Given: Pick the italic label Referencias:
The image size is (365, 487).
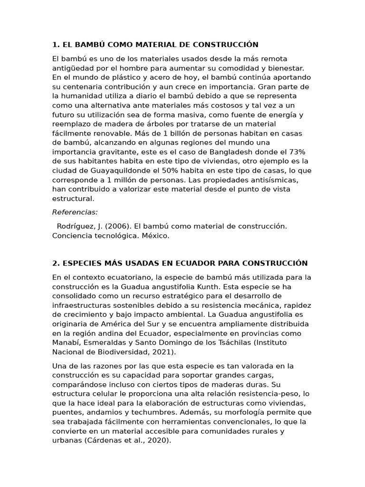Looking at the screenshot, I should point(75,212).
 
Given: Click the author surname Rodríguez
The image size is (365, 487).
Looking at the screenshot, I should point(77,226).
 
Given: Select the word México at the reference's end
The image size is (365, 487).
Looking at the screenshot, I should point(155,236).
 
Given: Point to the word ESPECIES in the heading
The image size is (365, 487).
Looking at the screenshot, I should point(79,263).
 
